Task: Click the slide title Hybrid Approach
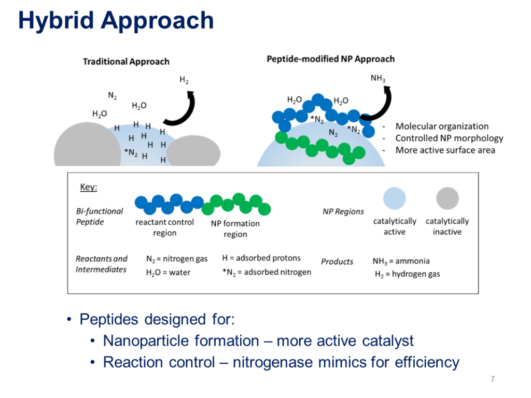(x=116, y=21)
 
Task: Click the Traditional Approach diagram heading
(x=126, y=62)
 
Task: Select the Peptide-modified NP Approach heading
(x=330, y=59)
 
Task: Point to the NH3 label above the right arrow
(x=378, y=79)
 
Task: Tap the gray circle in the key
(x=447, y=198)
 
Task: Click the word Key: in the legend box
(x=88, y=188)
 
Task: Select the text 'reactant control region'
(x=164, y=228)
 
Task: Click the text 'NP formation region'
(x=235, y=229)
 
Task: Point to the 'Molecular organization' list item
(x=442, y=126)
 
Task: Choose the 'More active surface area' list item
(x=445, y=150)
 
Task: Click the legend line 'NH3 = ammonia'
(x=401, y=261)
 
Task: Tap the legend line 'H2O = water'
(x=168, y=273)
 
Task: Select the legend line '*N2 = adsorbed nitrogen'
(x=267, y=272)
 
